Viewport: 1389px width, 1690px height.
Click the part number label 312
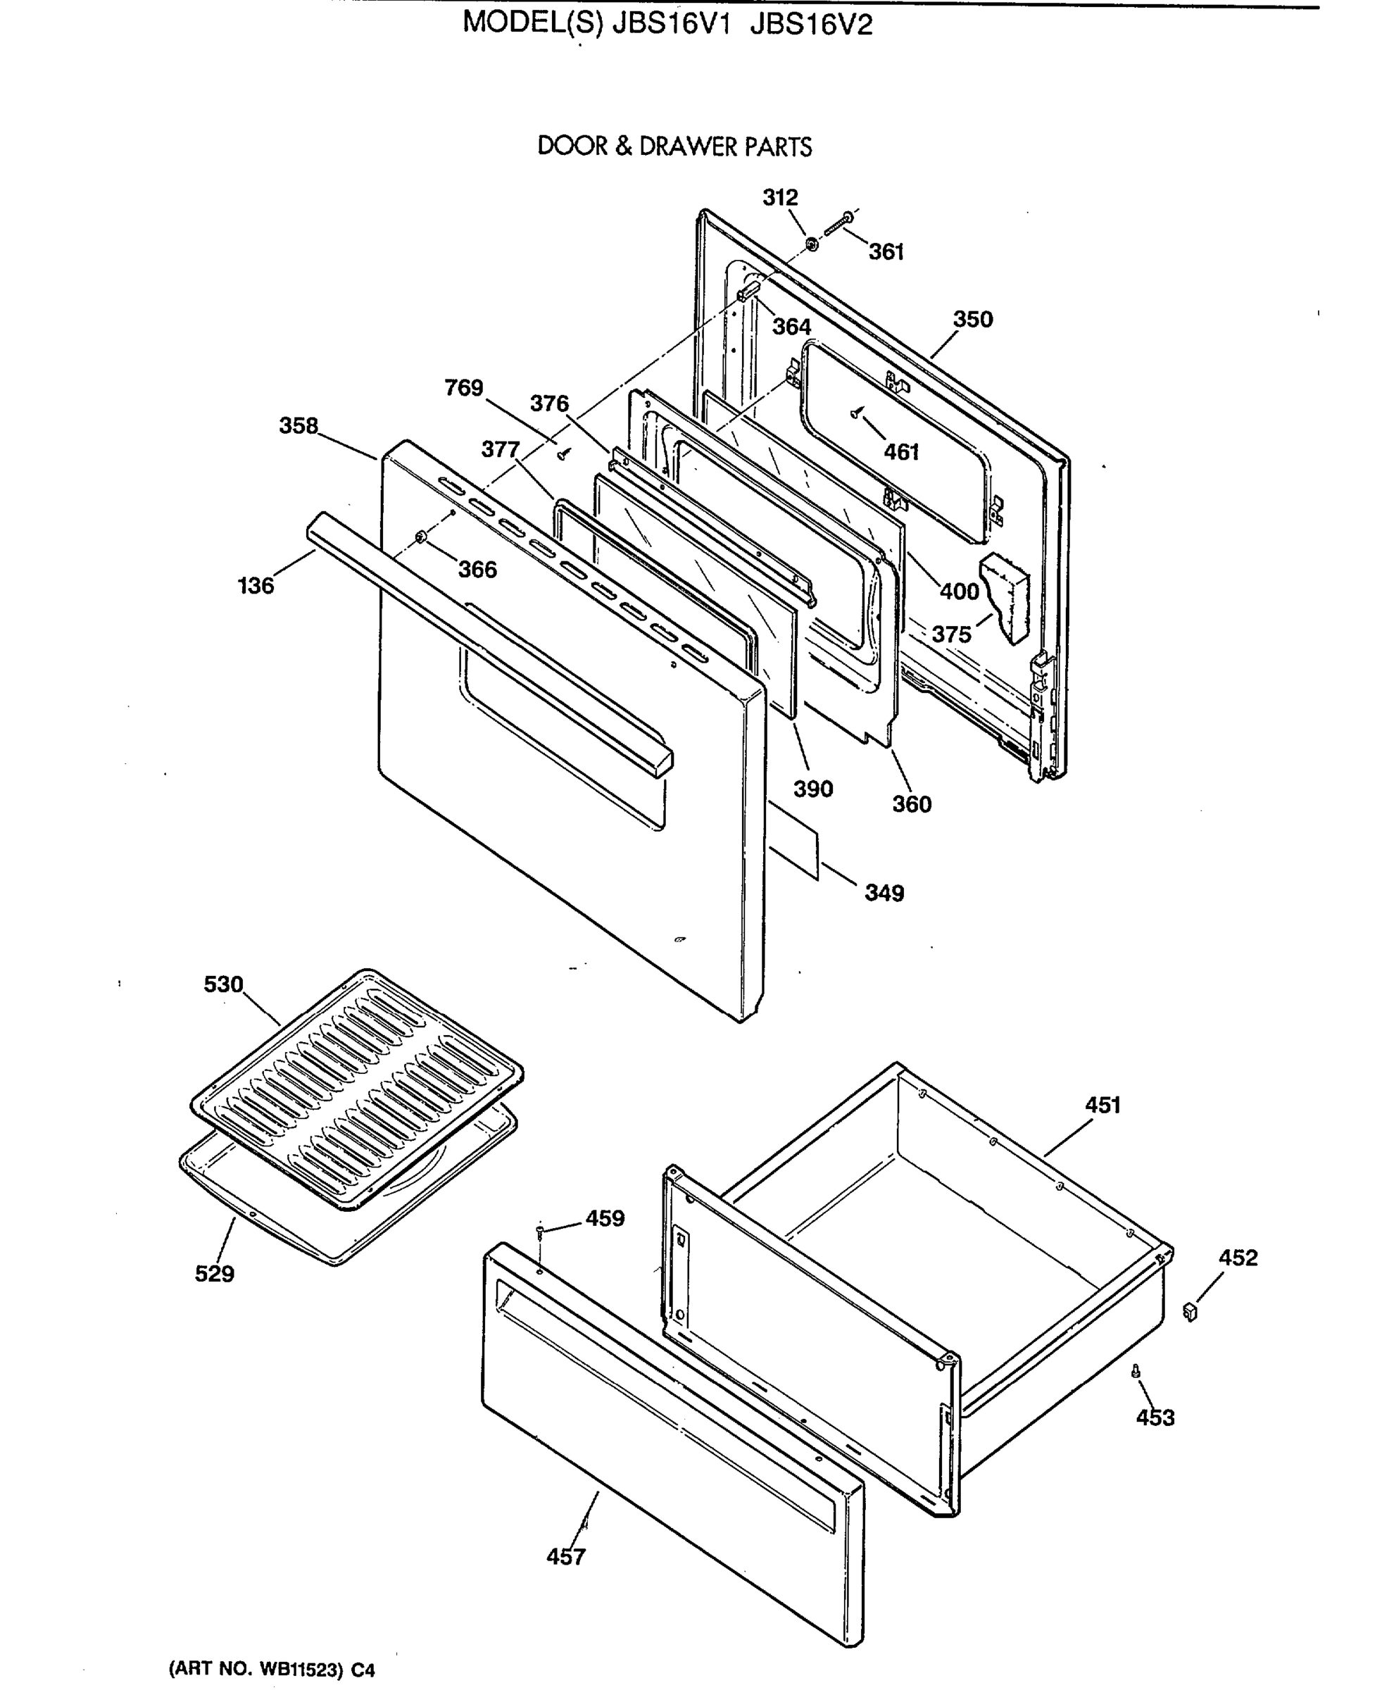780,198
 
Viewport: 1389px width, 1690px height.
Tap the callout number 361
886,252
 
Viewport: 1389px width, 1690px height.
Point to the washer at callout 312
811,242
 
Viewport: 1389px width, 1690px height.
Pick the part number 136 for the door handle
256,586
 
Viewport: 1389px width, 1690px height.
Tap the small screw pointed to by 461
857,413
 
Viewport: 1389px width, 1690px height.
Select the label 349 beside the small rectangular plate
884,893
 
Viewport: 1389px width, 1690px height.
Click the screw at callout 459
541,1231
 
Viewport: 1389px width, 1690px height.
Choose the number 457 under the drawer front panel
567,1557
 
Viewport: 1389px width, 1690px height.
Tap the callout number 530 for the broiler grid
223,984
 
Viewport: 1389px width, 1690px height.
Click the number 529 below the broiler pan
215,1274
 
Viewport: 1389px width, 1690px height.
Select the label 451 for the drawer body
1102,1105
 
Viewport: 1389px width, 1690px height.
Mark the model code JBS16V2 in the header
811,25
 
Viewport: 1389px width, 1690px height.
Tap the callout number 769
464,388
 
